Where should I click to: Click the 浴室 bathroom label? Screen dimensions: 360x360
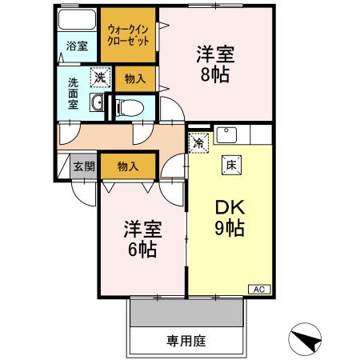click(x=77, y=46)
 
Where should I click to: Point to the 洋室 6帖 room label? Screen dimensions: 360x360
click(x=141, y=238)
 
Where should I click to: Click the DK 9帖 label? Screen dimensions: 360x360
click(x=230, y=216)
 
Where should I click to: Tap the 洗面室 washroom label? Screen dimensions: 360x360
click(x=73, y=93)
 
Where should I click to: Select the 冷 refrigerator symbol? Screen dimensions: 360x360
click(x=197, y=144)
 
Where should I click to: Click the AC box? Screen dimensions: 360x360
click(x=260, y=289)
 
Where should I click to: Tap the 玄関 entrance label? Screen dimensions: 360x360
click(x=83, y=166)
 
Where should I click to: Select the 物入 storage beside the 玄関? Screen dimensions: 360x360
click(x=127, y=166)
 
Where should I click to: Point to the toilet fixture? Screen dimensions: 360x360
click(x=130, y=106)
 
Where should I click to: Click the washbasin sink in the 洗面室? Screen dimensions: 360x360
click(x=97, y=103)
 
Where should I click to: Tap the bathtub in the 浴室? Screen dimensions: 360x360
click(x=77, y=22)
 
